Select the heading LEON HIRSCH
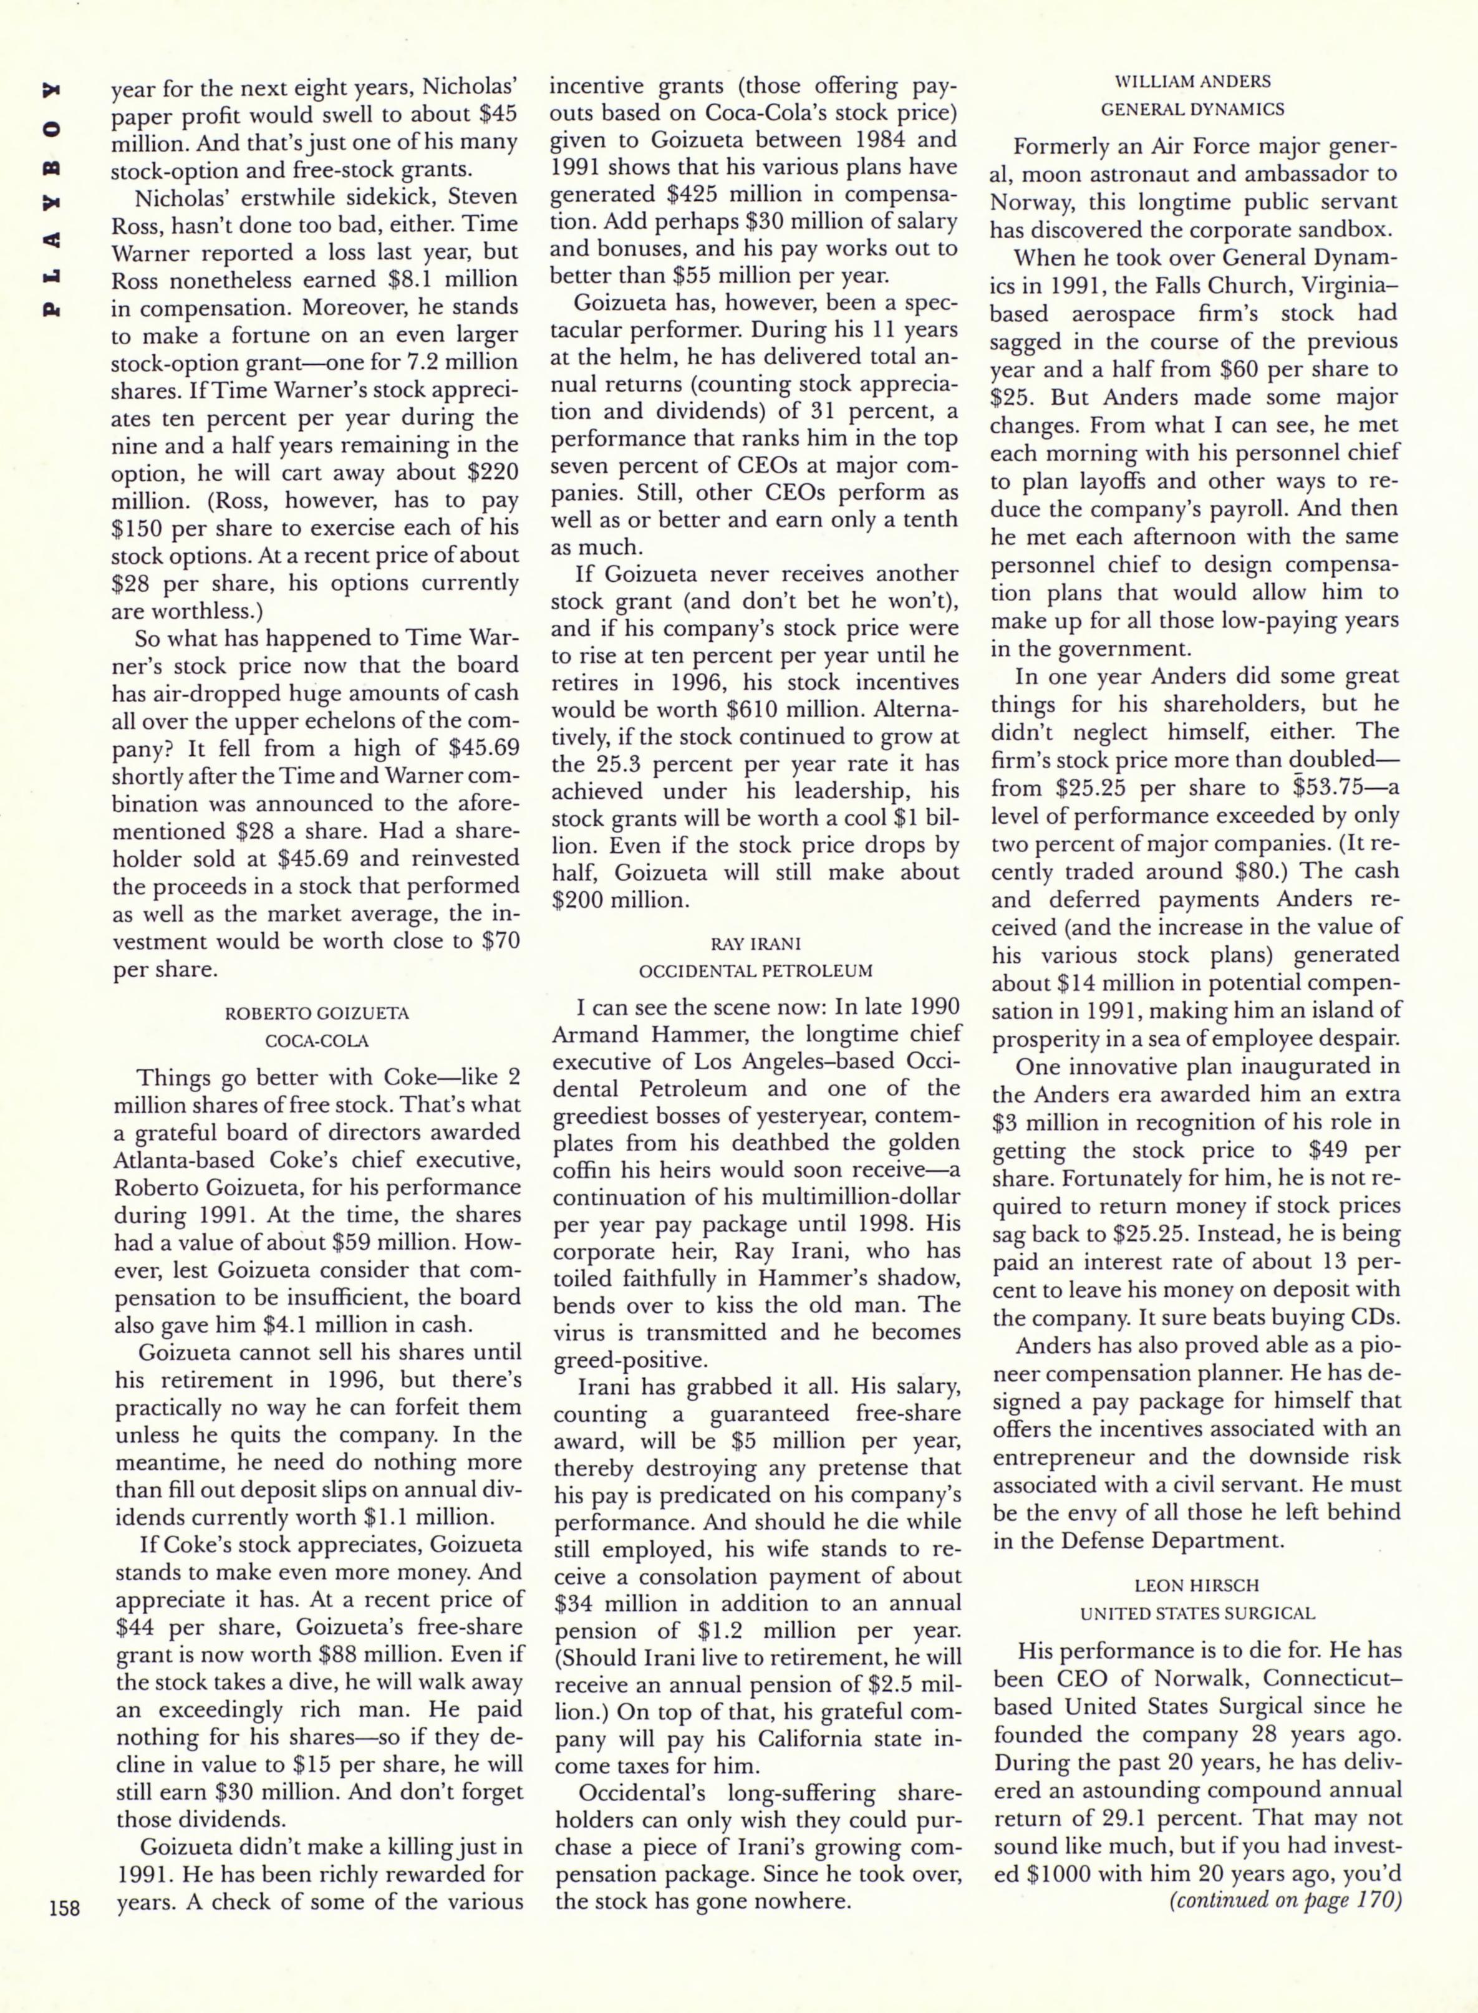click(x=1196, y=1585)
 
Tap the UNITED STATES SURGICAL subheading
click(x=1196, y=1613)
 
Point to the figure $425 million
click(x=722, y=194)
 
